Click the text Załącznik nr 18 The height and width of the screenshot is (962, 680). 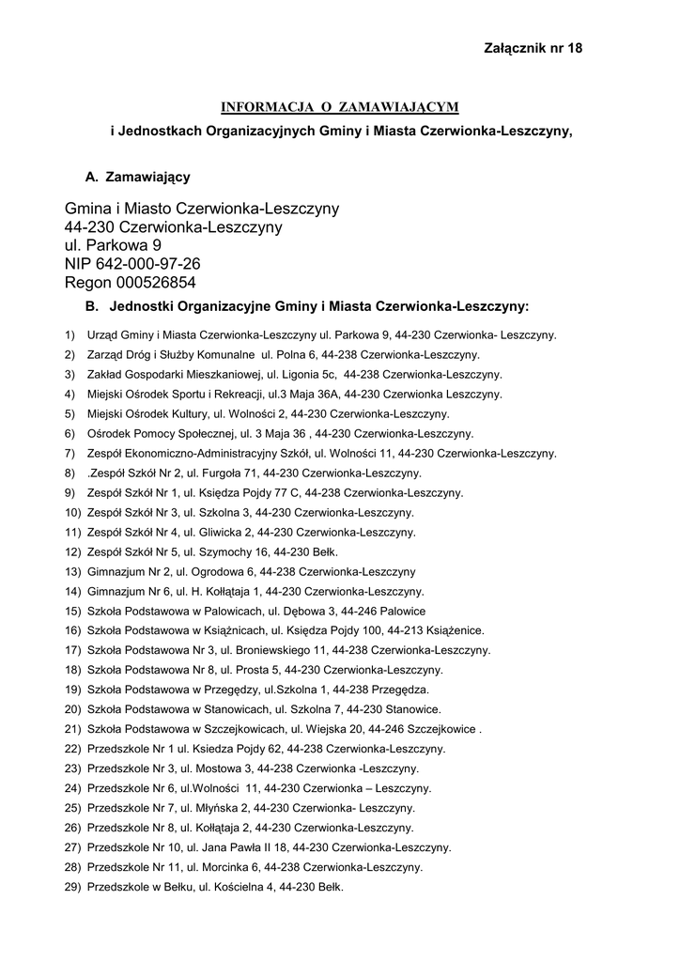[x=533, y=48]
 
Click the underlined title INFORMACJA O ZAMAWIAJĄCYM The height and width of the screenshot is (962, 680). [x=340, y=106]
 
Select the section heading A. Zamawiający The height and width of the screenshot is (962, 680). [x=137, y=177]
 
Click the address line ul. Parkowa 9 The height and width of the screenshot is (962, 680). [x=113, y=245]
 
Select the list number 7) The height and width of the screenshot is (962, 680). [x=70, y=454]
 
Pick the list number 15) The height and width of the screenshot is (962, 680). [x=72, y=611]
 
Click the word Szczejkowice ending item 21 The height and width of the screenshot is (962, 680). [x=446, y=729]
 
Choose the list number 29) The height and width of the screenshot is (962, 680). [x=72, y=887]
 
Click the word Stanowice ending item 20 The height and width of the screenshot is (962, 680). [x=413, y=709]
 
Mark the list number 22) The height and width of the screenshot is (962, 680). [x=72, y=749]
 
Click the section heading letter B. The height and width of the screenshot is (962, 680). [x=92, y=306]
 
